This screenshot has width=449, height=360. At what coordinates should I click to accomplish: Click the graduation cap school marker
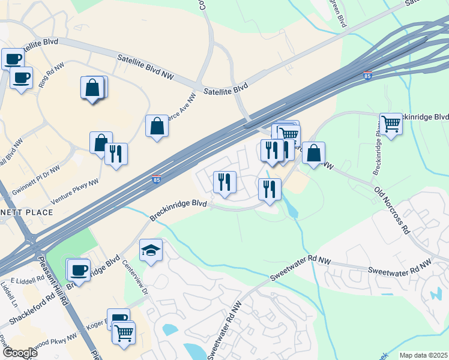[x=151, y=250]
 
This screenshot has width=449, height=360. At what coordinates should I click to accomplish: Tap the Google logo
[x=20, y=353]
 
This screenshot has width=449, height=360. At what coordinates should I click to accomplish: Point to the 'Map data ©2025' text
[x=423, y=355]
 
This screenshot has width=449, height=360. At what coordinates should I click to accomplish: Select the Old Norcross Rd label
[x=391, y=210]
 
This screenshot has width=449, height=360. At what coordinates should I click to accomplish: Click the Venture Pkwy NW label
[x=76, y=177]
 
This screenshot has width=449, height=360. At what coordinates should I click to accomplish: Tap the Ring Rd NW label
[x=52, y=76]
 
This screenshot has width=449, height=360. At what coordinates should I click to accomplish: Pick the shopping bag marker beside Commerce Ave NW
[x=157, y=126]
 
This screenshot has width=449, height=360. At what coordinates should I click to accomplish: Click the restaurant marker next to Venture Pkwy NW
[x=116, y=154]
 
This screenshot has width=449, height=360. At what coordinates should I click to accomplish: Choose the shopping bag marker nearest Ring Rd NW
[x=92, y=88]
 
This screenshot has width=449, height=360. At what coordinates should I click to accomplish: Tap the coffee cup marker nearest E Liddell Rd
[x=78, y=271]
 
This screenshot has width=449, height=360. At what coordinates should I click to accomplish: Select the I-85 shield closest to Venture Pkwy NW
[x=156, y=179]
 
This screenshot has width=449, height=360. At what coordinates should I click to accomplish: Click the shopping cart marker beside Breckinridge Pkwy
[x=391, y=124]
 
